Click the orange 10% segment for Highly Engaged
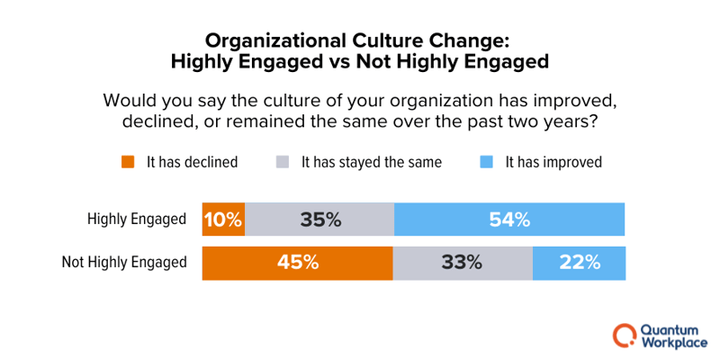click(223, 219)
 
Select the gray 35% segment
click(319, 219)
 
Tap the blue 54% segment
click(509, 219)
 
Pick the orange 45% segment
click(298, 263)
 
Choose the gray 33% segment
click(463, 263)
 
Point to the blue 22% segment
click(579, 263)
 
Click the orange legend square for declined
click(128, 163)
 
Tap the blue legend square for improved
click(486, 163)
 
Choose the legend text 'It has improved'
click(553, 163)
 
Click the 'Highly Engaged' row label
click(137, 219)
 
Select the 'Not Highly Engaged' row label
click(124, 263)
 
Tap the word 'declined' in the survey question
click(154, 121)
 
